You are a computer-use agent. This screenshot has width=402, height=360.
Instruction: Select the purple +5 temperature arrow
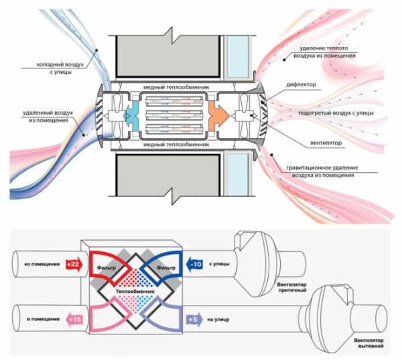click(x=194, y=320)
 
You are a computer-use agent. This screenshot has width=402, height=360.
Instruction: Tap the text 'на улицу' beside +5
click(x=221, y=320)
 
